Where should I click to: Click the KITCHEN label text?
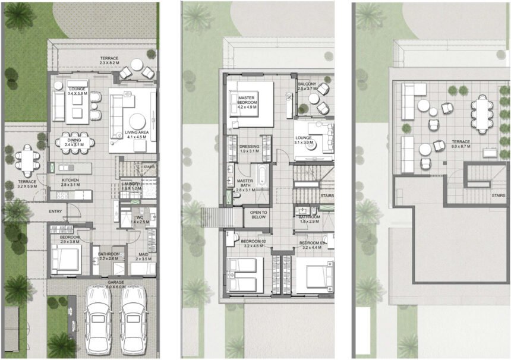[x=71, y=179]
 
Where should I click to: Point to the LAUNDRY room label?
[x=130, y=184]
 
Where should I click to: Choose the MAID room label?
[x=143, y=254]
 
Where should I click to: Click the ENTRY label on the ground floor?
[x=55, y=211]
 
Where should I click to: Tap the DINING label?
[x=74, y=138]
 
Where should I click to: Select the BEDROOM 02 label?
[x=253, y=241]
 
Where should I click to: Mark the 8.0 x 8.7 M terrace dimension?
[x=460, y=146]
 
